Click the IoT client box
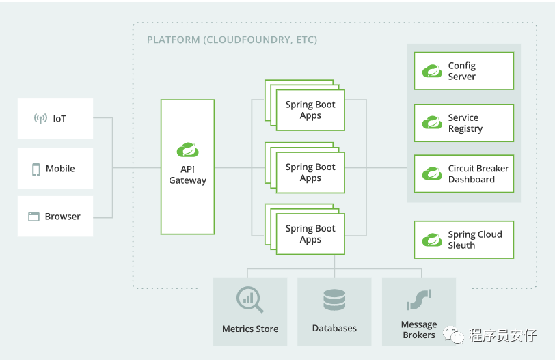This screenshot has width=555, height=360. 55,119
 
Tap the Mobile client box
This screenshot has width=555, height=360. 55,169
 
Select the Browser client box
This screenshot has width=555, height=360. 55,217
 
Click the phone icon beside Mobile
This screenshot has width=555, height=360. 36,169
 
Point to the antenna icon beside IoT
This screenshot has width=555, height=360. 40,119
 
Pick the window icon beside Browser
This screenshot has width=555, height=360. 33,217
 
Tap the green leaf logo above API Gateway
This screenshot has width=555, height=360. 187,150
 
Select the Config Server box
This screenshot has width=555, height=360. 463,71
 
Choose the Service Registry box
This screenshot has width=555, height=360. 463,123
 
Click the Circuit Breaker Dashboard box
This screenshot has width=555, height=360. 463,174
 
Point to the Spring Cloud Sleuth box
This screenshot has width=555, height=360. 463,240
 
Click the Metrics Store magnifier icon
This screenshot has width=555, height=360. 249,299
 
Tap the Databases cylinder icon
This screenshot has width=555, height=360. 334,300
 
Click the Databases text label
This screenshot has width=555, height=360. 334,329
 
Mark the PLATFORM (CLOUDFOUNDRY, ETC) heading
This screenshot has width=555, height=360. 232,40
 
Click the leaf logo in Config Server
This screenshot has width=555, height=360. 432,71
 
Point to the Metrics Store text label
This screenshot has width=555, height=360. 250,329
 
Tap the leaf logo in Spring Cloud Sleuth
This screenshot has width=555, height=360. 432,240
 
